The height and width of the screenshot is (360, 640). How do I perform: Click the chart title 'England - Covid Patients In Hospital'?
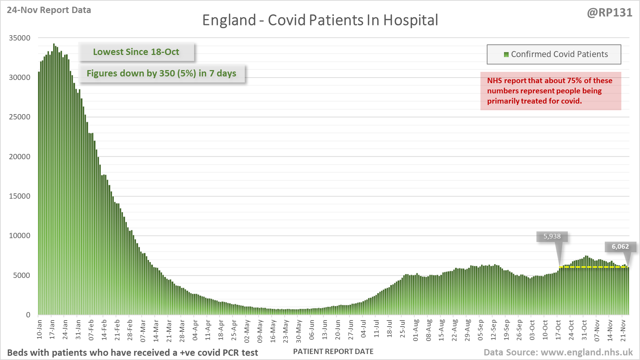click(x=320, y=20)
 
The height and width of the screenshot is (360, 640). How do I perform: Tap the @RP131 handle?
click(x=609, y=13)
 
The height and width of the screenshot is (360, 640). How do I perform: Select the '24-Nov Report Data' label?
click(x=49, y=10)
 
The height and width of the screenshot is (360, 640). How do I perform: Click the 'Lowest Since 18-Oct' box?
click(x=136, y=52)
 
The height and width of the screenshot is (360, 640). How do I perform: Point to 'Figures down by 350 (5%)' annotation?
click(x=161, y=73)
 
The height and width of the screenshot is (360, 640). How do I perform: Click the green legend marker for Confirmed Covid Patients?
click(x=506, y=54)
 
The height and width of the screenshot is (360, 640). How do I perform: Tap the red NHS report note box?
click(x=551, y=91)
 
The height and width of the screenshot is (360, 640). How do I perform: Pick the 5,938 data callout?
click(x=552, y=236)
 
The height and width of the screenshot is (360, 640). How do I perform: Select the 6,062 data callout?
click(x=620, y=247)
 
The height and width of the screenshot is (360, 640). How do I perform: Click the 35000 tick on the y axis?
click(x=20, y=38)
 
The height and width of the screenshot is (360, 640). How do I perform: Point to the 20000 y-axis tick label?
click(x=20, y=156)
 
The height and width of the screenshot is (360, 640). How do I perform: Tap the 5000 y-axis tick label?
click(x=22, y=275)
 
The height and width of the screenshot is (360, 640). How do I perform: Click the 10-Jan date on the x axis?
click(x=39, y=329)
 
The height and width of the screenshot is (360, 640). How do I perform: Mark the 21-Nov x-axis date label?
click(x=623, y=330)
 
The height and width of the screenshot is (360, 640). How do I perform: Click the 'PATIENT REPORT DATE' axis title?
click(x=333, y=352)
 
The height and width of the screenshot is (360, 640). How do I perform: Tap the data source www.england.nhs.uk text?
click(x=558, y=352)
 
